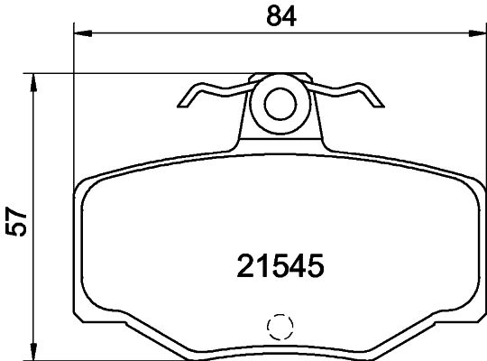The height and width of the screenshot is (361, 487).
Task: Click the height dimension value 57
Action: point(15,221)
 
